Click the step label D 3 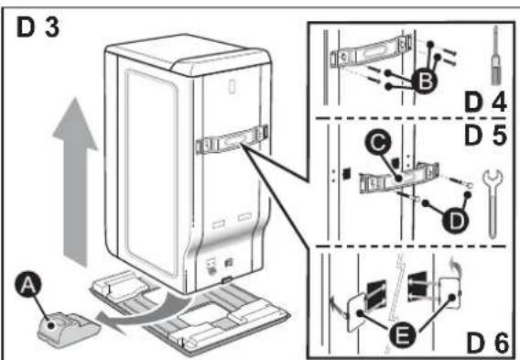click(x=38, y=27)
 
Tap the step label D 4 click(x=485, y=103)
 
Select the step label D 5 click(x=485, y=135)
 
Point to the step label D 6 click(x=487, y=344)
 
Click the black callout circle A click(x=28, y=285)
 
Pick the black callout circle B click(x=425, y=81)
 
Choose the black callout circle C click(x=378, y=143)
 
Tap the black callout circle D click(x=456, y=220)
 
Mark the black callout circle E click(x=402, y=335)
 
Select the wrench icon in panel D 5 click(x=493, y=203)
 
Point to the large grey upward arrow click(x=75, y=181)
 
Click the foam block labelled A click(x=69, y=330)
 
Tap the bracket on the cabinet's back click(x=233, y=140)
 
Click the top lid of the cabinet click(x=188, y=53)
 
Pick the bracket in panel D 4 click(x=371, y=52)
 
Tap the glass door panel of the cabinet click(x=152, y=172)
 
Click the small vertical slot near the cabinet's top click(x=233, y=86)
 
